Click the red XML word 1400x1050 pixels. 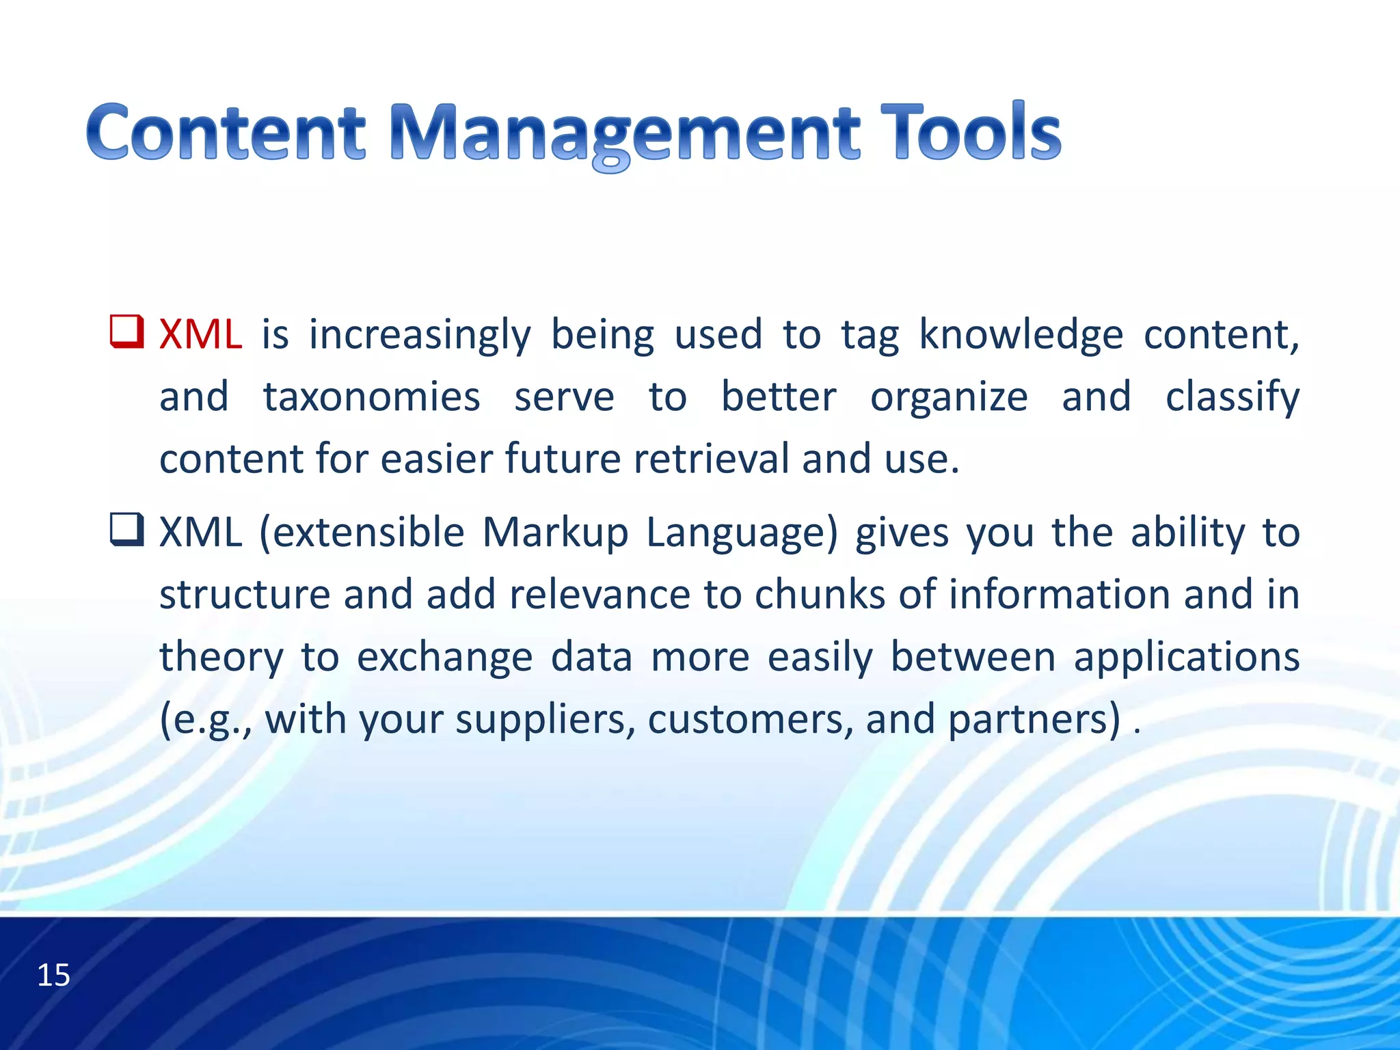[x=200, y=335]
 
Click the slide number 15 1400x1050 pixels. [x=53, y=975]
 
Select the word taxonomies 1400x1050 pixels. [x=371, y=397]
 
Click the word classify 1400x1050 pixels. [x=1232, y=397]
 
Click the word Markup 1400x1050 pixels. [x=554, y=533]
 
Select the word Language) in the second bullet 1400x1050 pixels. [x=741, y=534]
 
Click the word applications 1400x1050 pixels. [x=1186, y=658]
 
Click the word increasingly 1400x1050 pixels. [x=420, y=335]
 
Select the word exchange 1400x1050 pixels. [x=444, y=658]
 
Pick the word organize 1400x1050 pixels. [x=948, y=397]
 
